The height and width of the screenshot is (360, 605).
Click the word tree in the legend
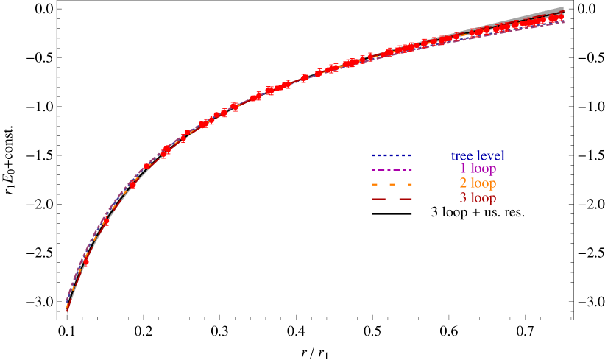(462, 156)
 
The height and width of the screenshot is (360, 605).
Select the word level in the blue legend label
(490, 156)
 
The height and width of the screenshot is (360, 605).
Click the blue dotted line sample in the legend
(392, 156)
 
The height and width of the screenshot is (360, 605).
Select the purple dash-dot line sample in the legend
(392, 170)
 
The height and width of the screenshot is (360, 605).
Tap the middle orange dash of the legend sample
(392, 184)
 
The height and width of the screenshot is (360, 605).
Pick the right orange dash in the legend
(408, 184)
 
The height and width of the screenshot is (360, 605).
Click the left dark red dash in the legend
(378, 199)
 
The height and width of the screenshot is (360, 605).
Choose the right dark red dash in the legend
(406, 199)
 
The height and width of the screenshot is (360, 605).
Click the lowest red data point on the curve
(86, 262)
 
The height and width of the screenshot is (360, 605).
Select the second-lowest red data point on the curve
(106, 222)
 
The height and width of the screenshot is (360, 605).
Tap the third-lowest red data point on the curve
(133, 185)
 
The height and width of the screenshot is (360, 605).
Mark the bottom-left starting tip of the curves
(67, 310)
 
